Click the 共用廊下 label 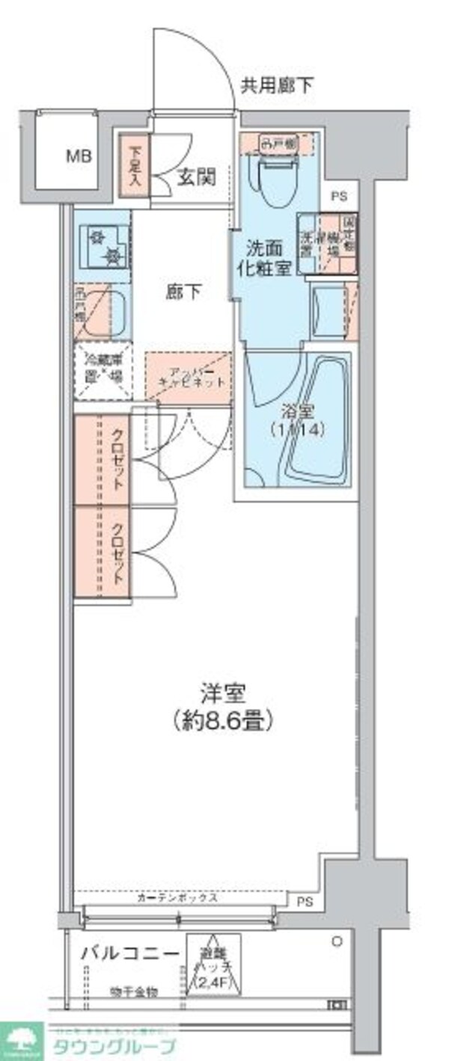pyautogui.click(x=276, y=86)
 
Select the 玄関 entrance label pyautogui.click(x=196, y=176)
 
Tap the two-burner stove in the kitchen pyautogui.click(x=103, y=246)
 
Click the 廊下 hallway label pyautogui.click(x=183, y=292)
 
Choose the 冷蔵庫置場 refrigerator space pyautogui.click(x=103, y=369)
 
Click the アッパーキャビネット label pyautogui.click(x=191, y=377)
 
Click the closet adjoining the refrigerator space pyautogui.click(x=103, y=459)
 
